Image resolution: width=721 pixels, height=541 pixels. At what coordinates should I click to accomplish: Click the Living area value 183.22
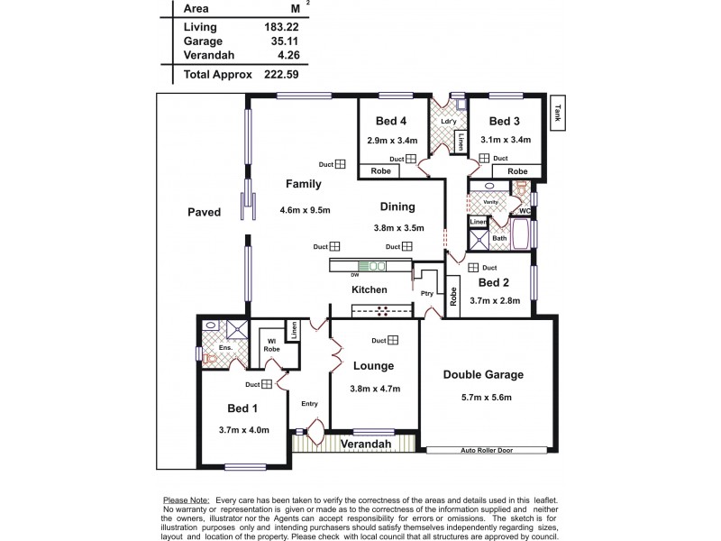280,27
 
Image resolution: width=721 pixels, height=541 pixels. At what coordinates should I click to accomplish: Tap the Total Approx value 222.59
280,74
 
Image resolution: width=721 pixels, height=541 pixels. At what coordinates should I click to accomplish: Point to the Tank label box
559,112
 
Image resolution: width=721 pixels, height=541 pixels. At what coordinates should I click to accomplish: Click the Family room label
304,184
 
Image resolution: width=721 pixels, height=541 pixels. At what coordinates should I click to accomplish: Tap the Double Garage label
484,374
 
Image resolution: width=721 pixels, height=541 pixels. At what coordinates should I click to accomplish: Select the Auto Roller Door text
487,449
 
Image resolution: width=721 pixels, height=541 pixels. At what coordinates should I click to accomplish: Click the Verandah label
365,445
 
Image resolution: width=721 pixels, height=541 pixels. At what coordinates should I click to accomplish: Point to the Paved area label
205,213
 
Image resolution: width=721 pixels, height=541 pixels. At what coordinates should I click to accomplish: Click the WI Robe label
269,344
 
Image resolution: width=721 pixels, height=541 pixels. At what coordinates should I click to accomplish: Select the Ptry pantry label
426,293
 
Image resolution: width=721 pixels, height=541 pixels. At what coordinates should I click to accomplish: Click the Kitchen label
370,289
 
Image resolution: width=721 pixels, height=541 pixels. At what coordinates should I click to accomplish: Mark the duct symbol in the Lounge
406,340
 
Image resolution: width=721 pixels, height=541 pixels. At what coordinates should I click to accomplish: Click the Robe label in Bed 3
517,170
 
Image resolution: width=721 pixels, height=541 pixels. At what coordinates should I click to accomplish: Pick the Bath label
498,238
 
